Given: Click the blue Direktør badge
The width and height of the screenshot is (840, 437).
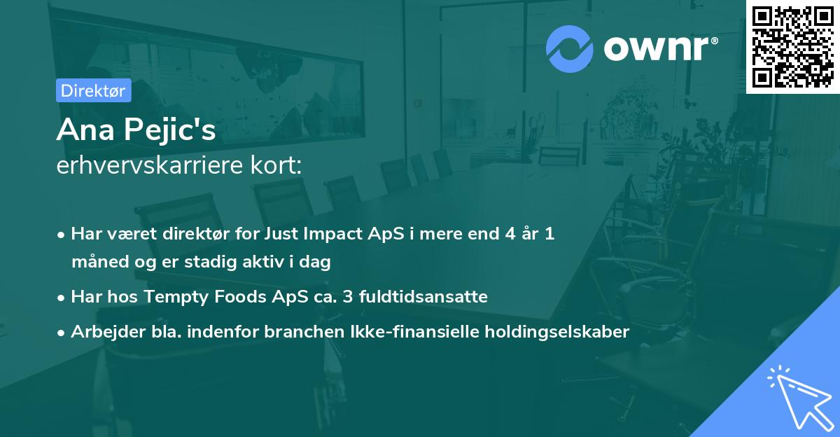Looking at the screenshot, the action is pos(93,90).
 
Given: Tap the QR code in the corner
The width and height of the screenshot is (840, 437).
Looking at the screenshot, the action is pos(793,47).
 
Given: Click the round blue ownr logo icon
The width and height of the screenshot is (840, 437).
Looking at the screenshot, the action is pos(569,49).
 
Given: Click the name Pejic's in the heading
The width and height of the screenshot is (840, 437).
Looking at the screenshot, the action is pos(170,130).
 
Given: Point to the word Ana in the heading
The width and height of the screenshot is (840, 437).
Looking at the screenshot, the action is pos(85,130).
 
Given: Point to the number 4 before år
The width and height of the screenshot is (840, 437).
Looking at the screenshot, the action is pos(510,234).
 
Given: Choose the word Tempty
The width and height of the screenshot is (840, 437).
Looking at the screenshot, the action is pos(176,298).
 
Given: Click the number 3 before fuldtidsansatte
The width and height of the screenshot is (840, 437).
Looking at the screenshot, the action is pos(347,297).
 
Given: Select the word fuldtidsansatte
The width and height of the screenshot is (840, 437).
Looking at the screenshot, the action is pos(423,296).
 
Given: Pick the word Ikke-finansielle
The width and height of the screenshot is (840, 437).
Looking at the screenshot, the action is pos(414,331).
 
